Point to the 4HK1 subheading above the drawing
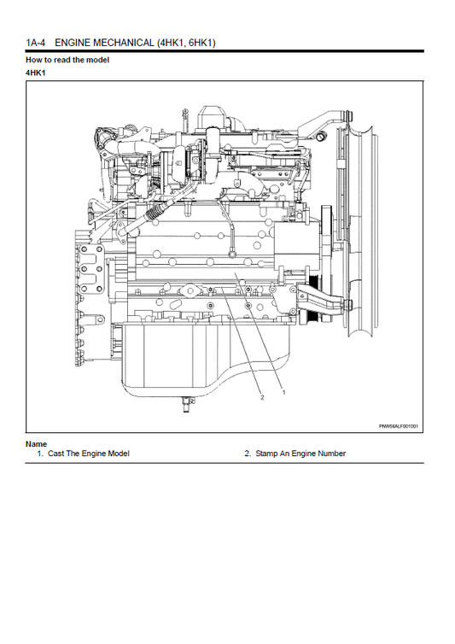35,73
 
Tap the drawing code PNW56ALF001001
404,426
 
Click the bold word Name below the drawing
36,444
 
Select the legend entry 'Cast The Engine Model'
88,454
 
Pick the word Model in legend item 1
119,454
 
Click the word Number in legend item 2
331,454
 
